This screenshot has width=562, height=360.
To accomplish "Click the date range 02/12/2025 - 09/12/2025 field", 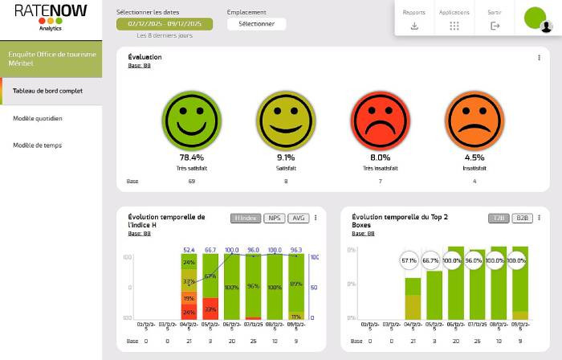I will pyautogui.click(x=165, y=24).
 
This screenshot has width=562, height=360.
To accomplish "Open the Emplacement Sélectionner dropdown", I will pyautogui.click(x=256, y=24).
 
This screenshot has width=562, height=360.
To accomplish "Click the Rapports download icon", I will pyautogui.click(x=414, y=26).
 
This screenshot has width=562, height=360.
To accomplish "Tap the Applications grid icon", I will pyautogui.click(x=454, y=26).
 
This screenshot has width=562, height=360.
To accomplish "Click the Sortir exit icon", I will pyautogui.click(x=495, y=26).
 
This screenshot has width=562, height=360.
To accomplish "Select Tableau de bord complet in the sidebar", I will pyautogui.click(x=48, y=91).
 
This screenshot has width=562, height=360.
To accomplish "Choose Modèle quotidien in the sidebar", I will pyautogui.click(x=38, y=118).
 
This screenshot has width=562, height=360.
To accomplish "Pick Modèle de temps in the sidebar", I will pyautogui.click(x=38, y=145).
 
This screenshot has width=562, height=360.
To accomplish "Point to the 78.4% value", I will pyautogui.click(x=191, y=157).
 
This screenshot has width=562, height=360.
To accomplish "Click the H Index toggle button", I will pyautogui.click(x=246, y=218).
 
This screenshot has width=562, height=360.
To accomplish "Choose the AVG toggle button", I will pyautogui.click(x=298, y=218).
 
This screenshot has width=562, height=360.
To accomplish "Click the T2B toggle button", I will pyautogui.click(x=498, y=218).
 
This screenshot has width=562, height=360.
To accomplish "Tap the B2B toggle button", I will pyautogui.click(x=522, y=218).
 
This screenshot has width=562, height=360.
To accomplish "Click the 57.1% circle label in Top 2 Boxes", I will pyautogui.click(x=409, y=260).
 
